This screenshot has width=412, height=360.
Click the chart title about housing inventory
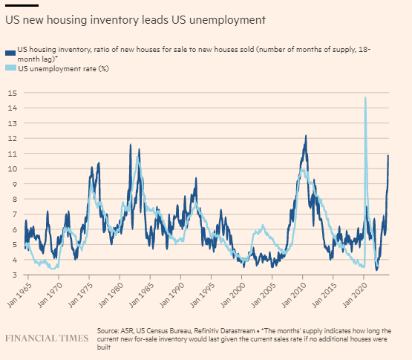pyautogui.click(x=135, y=20)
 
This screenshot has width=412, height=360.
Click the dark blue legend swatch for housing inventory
pyautogui.click(x=10, y=53)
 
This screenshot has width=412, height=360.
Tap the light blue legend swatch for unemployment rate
pyautogui.click(x=10, y=68)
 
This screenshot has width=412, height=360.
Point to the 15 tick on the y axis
pyautogui.click(x=13, y=93)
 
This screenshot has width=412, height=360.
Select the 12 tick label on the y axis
pyautogui.click(x=13, y=138)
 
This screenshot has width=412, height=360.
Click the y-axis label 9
pyautogui.click(x=14, y=184)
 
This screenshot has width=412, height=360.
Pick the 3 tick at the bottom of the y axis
pyautogui.click(x=14, y=275)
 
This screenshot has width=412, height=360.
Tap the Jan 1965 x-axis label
pyautogui.click(x=19, y=295)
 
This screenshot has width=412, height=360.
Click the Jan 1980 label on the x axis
pyautogui.click(x=111, y=295)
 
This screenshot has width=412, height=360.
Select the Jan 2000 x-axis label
pyautogui.click(x=232, y=295)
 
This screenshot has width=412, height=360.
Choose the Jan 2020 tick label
pyautogui.click(x=354, y=295)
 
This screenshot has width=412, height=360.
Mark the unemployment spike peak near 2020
pyautogui.click(x=365, y=97)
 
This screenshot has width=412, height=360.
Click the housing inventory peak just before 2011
pyautogui.click(x=306, y=136)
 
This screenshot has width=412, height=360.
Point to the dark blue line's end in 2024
pyautogui.click(x=388, y=156)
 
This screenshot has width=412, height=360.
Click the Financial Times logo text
pyautogui.click(x=47, y=338)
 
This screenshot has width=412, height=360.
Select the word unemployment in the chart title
pyautogui.click(x=227, y=21)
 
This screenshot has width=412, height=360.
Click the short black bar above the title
pyautogui.click(x=22, y=5)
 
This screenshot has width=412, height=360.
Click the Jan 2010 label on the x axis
pyautogui.click(x=293, y=295)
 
